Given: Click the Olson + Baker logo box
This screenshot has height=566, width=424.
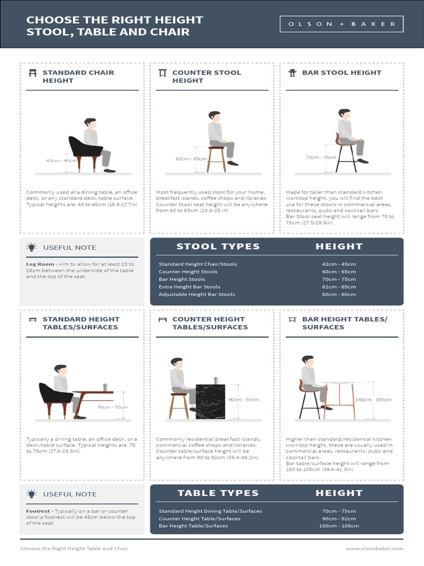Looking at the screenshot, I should pos(342,24).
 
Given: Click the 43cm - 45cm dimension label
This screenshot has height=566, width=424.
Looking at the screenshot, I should pos(61,160).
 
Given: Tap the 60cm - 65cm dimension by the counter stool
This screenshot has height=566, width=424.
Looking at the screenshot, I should pos(190,159).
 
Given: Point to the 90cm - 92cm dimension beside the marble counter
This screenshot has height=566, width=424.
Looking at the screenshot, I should pos(243,399).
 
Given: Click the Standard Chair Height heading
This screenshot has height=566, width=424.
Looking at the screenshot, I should pos(78,76).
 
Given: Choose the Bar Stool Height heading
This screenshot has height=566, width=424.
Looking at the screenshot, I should pos(341,72).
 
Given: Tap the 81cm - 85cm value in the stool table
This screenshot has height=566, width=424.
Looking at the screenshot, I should pos(339,287).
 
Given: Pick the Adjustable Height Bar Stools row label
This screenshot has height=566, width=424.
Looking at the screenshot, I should pos(197,295).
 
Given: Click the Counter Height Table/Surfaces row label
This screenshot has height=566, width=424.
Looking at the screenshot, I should pos(199,518).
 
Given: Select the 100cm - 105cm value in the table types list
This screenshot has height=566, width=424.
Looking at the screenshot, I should pos(339,526).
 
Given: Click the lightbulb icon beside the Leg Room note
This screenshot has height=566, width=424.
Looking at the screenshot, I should pos(32,247).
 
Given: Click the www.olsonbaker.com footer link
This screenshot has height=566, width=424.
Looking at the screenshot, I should pos(374,548).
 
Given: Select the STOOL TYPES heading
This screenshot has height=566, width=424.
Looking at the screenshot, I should pos(218,247).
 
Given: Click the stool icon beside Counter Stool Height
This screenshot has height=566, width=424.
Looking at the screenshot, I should pos(162,73).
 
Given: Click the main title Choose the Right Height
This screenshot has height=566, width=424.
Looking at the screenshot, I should pos(115,20).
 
